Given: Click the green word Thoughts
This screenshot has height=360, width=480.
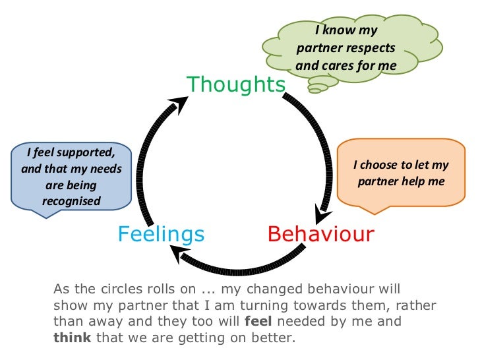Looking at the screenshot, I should pyautogui.click(x=236, y=84).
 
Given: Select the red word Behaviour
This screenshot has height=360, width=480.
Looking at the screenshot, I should pyautogui.click(x=320, y=233).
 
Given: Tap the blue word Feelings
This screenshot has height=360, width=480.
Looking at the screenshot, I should pyautogui.click(x=161, y=233).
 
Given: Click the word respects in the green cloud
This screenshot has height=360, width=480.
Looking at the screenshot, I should pyautogui.click(x=371, y=48).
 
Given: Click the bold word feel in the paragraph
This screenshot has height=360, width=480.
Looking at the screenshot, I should pyautogui.click(x=256, y=322).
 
